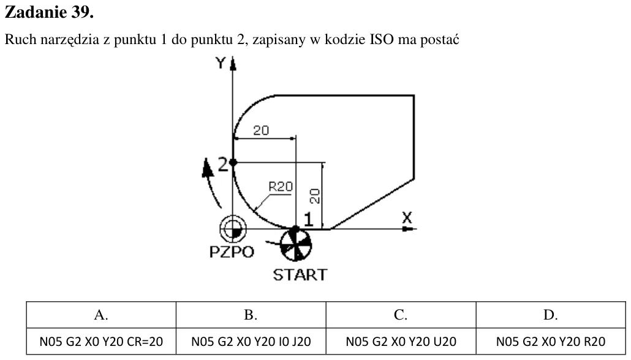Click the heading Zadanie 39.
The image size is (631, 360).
(x=49, y=12)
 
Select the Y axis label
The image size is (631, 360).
(x=221, y=63)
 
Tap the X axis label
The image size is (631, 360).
(x=407, y=218)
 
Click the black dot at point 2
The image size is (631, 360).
(x=233, y=162)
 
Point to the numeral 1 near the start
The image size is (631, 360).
(x=308, y=220)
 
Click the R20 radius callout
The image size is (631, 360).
(x=281, y=187)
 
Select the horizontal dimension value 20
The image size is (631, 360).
(x=261, y=130)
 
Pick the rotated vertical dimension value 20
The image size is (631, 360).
(x=315, y=196)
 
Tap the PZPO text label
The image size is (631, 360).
(x=232, y=252)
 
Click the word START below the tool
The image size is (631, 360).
(x=300, y=275)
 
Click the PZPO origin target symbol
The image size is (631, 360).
(x=233, y=229)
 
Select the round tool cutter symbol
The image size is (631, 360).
(x=296, y=245)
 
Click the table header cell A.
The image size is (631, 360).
(x=101, y=315)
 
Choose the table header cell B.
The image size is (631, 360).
(x=251, y=315)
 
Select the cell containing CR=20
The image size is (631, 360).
(x=101, y=342)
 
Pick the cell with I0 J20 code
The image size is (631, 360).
(x=251, y=342)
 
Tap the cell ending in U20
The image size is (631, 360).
(x=401, y=342)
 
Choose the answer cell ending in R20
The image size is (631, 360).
(x=551, y=342)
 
